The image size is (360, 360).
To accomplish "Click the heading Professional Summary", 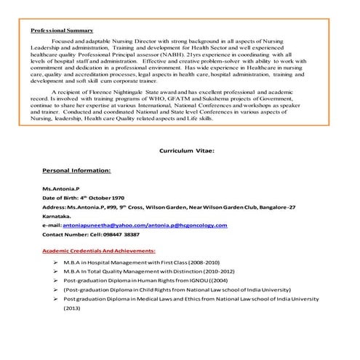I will point(62,31).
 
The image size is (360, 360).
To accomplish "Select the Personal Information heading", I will point(76,170).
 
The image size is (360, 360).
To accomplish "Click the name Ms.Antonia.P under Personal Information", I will point(60,188).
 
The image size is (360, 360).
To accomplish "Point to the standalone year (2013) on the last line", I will point(72,308).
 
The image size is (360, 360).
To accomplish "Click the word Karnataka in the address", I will point(57,216).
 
